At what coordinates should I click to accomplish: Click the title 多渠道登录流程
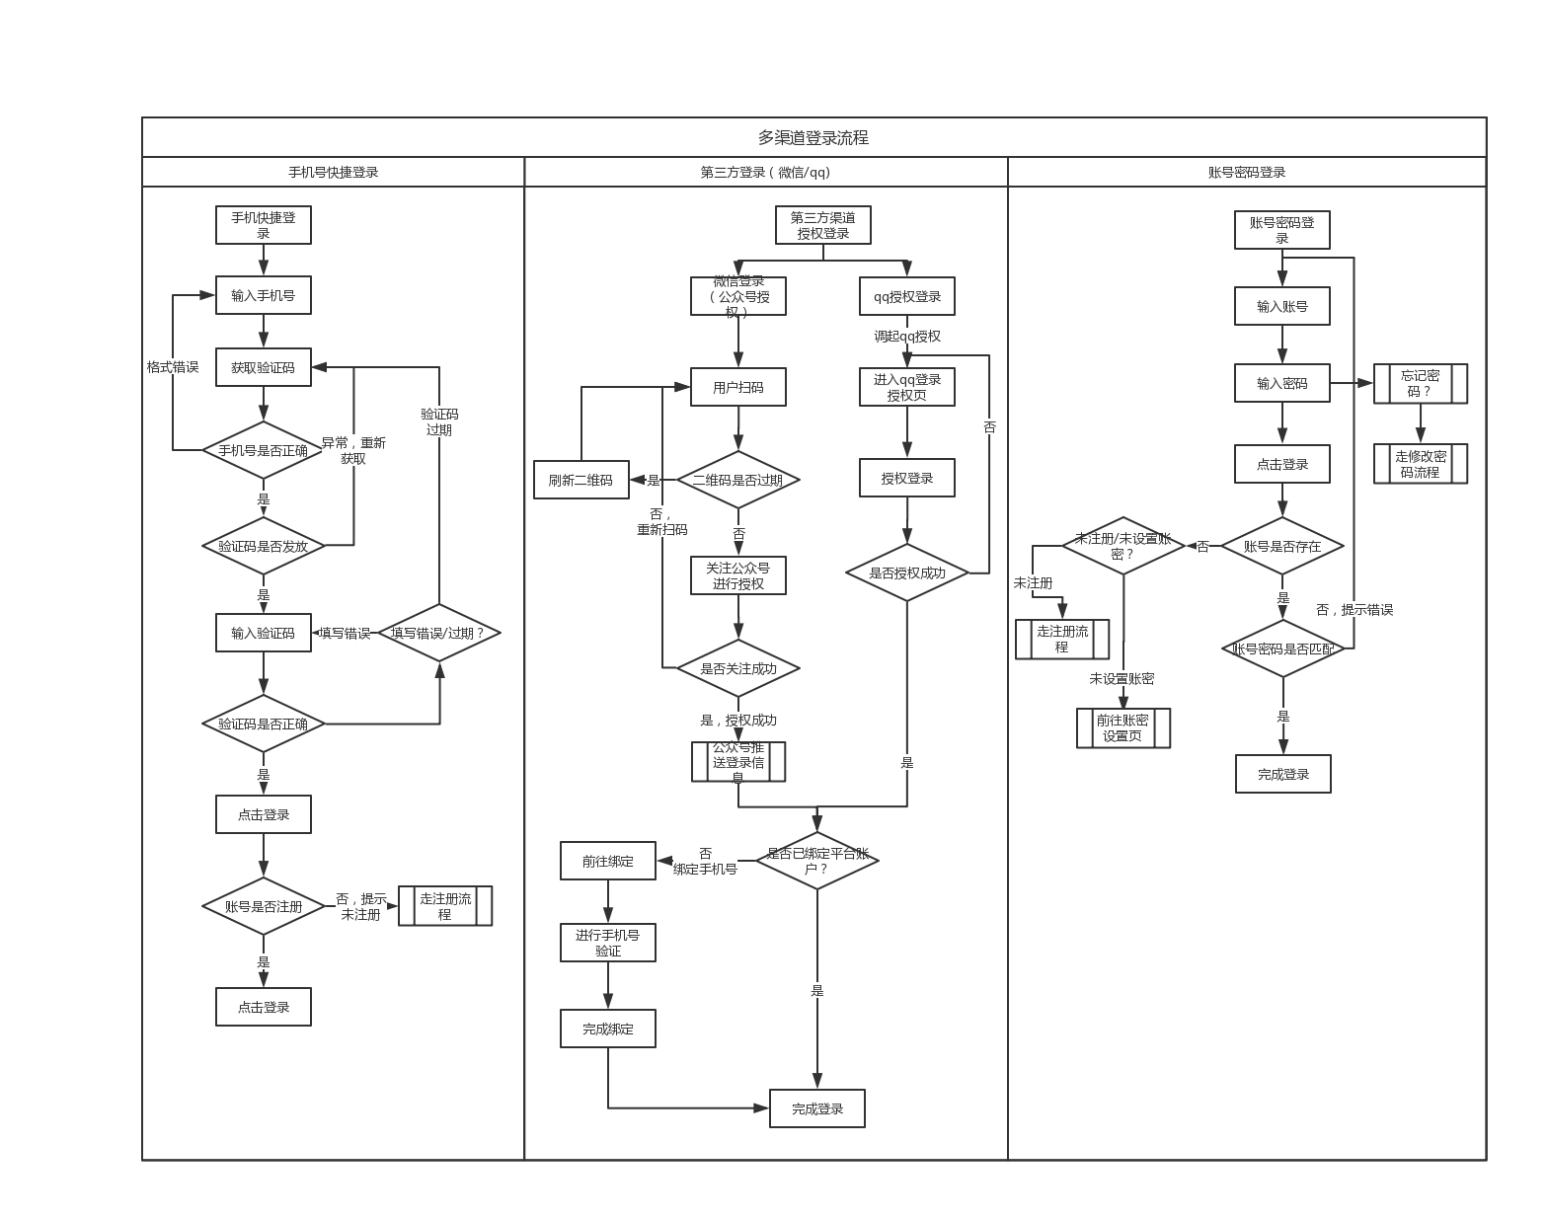tap(813, 138)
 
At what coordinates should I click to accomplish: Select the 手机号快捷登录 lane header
tap(333, 172)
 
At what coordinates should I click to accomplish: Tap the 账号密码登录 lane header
tap(1247, 172)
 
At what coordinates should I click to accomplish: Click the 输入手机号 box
tap(264, 295)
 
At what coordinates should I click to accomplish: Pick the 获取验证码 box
tap(264, 367)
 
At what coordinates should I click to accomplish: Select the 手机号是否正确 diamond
tap(264, 451)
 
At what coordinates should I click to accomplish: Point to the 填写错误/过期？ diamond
tap(439, 633)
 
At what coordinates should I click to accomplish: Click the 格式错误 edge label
tap(173, 367)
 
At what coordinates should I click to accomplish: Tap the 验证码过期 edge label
tap(439, 421)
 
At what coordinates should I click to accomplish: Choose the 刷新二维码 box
tap(580, 481)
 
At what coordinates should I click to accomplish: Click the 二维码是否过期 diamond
tap(737, 481)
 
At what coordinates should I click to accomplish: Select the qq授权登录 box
tap(907, 296)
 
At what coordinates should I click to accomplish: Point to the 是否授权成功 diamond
tap(907, 572)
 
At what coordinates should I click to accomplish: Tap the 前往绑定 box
tap(608, 861)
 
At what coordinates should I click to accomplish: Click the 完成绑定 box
tap(608, 1029)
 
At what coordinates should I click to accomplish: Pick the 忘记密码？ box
tap(1421, 383)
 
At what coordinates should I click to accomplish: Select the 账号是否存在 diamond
tap(1282, 546)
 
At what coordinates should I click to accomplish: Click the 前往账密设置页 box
tap(1122, 727)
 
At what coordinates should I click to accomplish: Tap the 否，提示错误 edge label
tap(1354, 610)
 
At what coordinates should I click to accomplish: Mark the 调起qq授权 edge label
tap(907, 337)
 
